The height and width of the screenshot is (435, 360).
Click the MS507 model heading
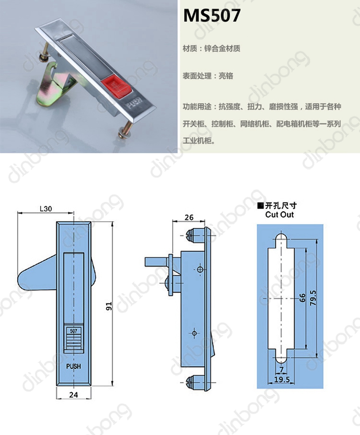pos(211,16)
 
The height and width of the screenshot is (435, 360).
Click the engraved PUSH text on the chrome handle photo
pos(134,102)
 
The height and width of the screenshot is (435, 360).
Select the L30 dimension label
pos(46,209)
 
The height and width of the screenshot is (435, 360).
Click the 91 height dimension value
pos(109,306)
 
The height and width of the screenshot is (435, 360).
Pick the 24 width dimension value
pos(73,394)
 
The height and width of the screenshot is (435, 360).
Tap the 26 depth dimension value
pos(189,217)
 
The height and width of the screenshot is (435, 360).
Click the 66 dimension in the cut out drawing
pos(303,298)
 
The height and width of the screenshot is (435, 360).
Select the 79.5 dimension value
pos(313,298)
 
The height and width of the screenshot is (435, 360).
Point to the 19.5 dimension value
pos(282,379)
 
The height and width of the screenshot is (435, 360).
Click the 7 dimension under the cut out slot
pos(282,370)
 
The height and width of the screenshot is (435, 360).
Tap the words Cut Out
pos(279,214)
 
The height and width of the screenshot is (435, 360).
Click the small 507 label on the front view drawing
pos(73,331)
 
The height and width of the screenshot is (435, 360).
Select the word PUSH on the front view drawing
pos(73,366)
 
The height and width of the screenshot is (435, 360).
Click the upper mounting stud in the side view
pos(194,236)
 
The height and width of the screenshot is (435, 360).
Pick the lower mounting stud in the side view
pos(194,383)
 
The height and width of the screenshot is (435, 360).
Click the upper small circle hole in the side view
pos(200,269)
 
